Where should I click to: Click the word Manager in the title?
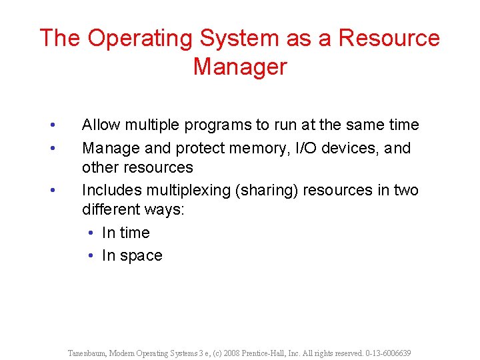click(x=239, y=67)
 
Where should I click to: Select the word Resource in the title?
click(x=389, y=38)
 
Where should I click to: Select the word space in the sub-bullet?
click(x=141, y=256)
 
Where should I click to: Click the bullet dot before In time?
click(x=91, y=233)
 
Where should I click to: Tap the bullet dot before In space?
click(x=91, y=256)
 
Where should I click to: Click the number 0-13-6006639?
click(x=388, y=353)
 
